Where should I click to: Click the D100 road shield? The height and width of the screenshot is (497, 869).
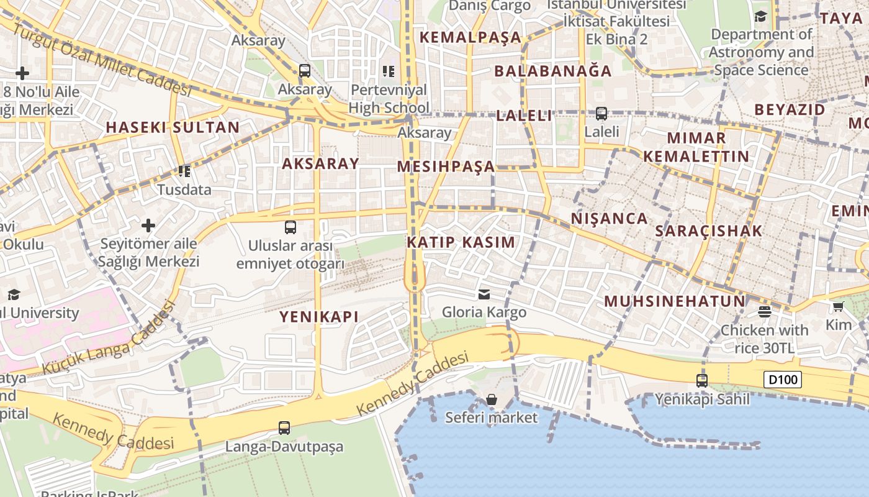(783, 380)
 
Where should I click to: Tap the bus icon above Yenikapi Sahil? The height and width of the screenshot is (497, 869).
(702, 381)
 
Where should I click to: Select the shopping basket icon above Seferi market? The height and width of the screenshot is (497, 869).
(492, 399)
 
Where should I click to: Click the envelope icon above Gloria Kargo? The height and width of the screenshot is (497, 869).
(484, 294)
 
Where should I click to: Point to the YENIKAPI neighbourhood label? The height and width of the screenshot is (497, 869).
(319, 317)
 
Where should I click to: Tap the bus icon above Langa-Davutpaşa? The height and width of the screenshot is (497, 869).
(284, 427)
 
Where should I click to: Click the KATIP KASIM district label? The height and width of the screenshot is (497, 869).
(461, 242)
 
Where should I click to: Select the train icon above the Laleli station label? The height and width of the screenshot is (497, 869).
(601, 114)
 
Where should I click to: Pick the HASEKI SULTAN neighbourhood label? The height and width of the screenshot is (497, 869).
(173, 127)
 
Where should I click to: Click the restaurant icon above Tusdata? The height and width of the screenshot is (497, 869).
(184, 171)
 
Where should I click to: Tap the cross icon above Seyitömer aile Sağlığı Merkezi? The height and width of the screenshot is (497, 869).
(148, 225)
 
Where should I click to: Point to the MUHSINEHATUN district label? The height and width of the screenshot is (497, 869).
(675, 302)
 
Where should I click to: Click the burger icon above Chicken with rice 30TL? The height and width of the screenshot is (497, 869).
(765, 311)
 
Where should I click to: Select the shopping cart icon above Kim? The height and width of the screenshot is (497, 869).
(839, 306)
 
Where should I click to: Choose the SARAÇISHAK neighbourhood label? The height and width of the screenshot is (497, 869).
(709, 231)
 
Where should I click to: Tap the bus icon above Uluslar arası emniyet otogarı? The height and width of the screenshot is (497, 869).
(290, 227)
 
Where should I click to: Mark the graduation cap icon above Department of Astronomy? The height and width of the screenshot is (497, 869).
(761, 17)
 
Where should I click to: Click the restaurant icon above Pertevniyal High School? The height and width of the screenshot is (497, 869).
(389, 71)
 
